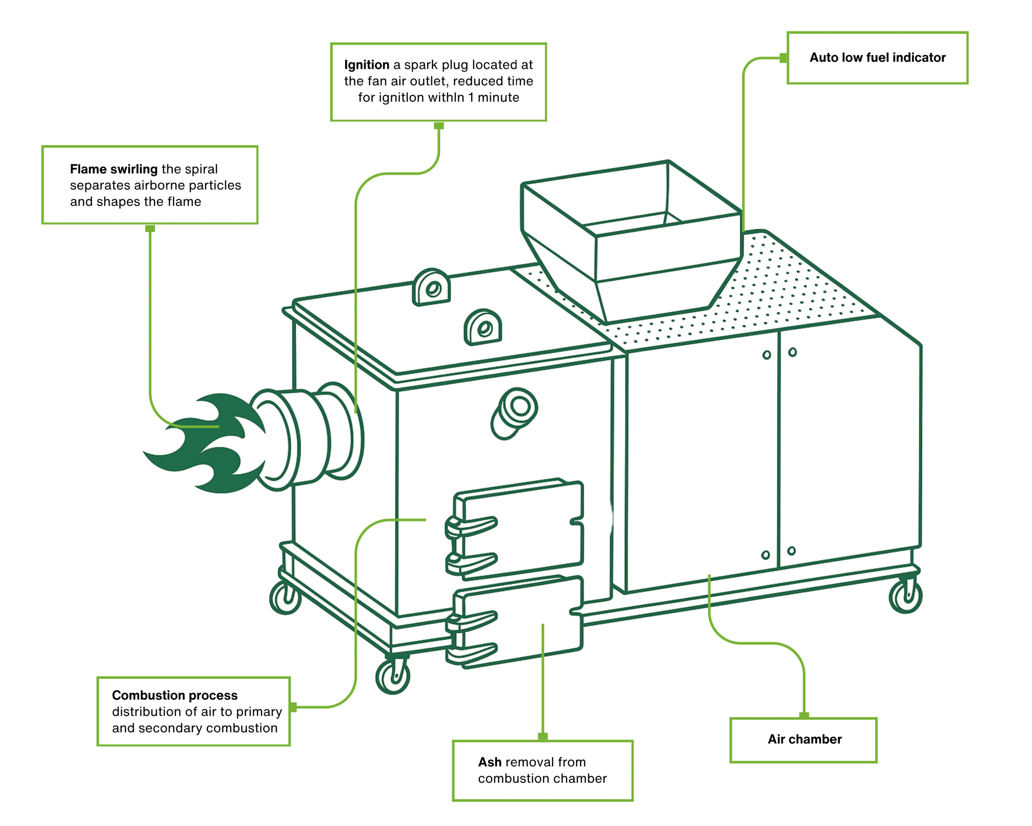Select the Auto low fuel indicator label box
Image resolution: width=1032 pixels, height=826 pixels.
[877, 58]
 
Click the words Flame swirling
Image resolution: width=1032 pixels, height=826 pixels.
[113, 169]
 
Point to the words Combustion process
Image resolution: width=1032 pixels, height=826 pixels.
[175, 695]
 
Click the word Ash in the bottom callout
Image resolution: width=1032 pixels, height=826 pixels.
[489, 762]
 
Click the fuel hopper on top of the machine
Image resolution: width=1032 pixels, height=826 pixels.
[632, 239]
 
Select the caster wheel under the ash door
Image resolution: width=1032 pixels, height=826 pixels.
[393, 676]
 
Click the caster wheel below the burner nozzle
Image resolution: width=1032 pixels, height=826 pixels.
[285, 598]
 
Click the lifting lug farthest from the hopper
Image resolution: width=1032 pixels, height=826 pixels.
[431, 287]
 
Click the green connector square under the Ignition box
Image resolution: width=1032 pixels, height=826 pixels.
[439, 126]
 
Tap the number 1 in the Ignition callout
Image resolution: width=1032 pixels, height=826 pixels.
[470, 98]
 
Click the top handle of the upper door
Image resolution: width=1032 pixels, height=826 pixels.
[472, 525]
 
